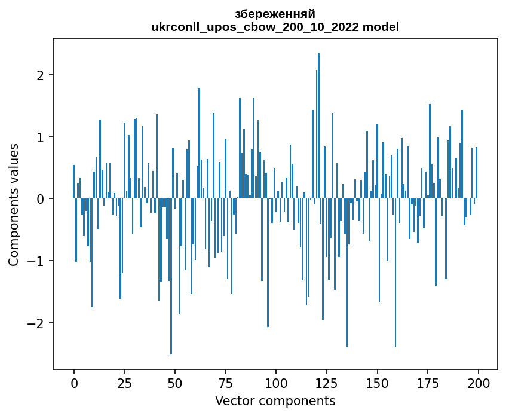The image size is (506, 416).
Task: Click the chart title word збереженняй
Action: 275,14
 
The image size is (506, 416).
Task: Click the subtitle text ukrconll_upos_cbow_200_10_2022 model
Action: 275,27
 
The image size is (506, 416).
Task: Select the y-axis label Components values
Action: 13,204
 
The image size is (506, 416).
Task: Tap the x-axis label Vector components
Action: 275,400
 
